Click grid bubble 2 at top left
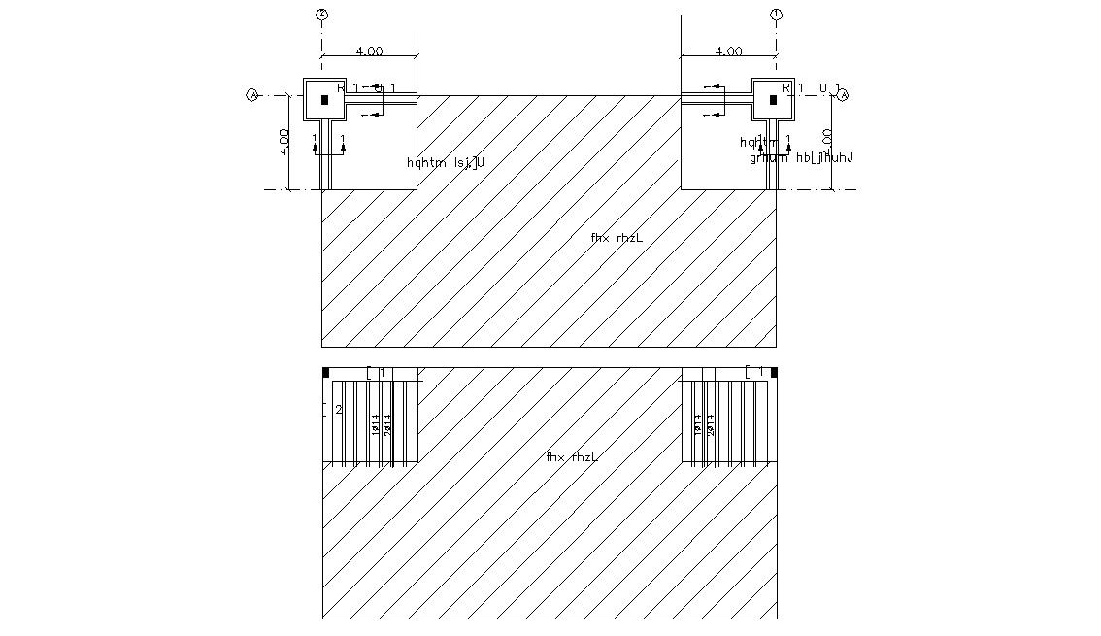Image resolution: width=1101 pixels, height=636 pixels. (x=321, y=15)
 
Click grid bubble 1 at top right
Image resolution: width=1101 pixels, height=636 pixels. (x=776, y=15)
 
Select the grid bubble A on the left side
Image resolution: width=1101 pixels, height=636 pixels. (x=252, y=95)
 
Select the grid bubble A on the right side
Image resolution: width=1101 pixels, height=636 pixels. (x=844, y=95)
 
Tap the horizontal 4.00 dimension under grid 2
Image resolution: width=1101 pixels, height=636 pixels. (x=369, y=51)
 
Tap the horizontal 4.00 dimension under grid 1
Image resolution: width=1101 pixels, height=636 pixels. (x=728, y=51)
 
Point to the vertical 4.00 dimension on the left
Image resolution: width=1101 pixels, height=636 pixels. (x=284, y=142)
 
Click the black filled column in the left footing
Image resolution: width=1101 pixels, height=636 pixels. (x=324, y=99)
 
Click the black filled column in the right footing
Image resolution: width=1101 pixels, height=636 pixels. (x=774, y=99)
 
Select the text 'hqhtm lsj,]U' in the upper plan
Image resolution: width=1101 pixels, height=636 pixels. (x=446, y=162)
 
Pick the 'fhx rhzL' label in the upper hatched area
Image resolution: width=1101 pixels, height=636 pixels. (x=617, y=237)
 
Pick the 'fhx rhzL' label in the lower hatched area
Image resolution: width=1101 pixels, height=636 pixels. (x=571, y=456)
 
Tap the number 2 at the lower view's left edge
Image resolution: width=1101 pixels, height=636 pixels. (x=338, y=410)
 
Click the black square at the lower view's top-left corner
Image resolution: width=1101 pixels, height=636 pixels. (x=326, y=372)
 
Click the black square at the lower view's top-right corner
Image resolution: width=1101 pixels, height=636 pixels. (x=774, y=372)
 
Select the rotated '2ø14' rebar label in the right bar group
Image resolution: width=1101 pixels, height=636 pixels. (x=710, y=423)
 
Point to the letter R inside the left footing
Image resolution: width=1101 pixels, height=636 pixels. (x=341, y=88)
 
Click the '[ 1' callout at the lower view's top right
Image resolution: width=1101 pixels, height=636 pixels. (x=755, y=372)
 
